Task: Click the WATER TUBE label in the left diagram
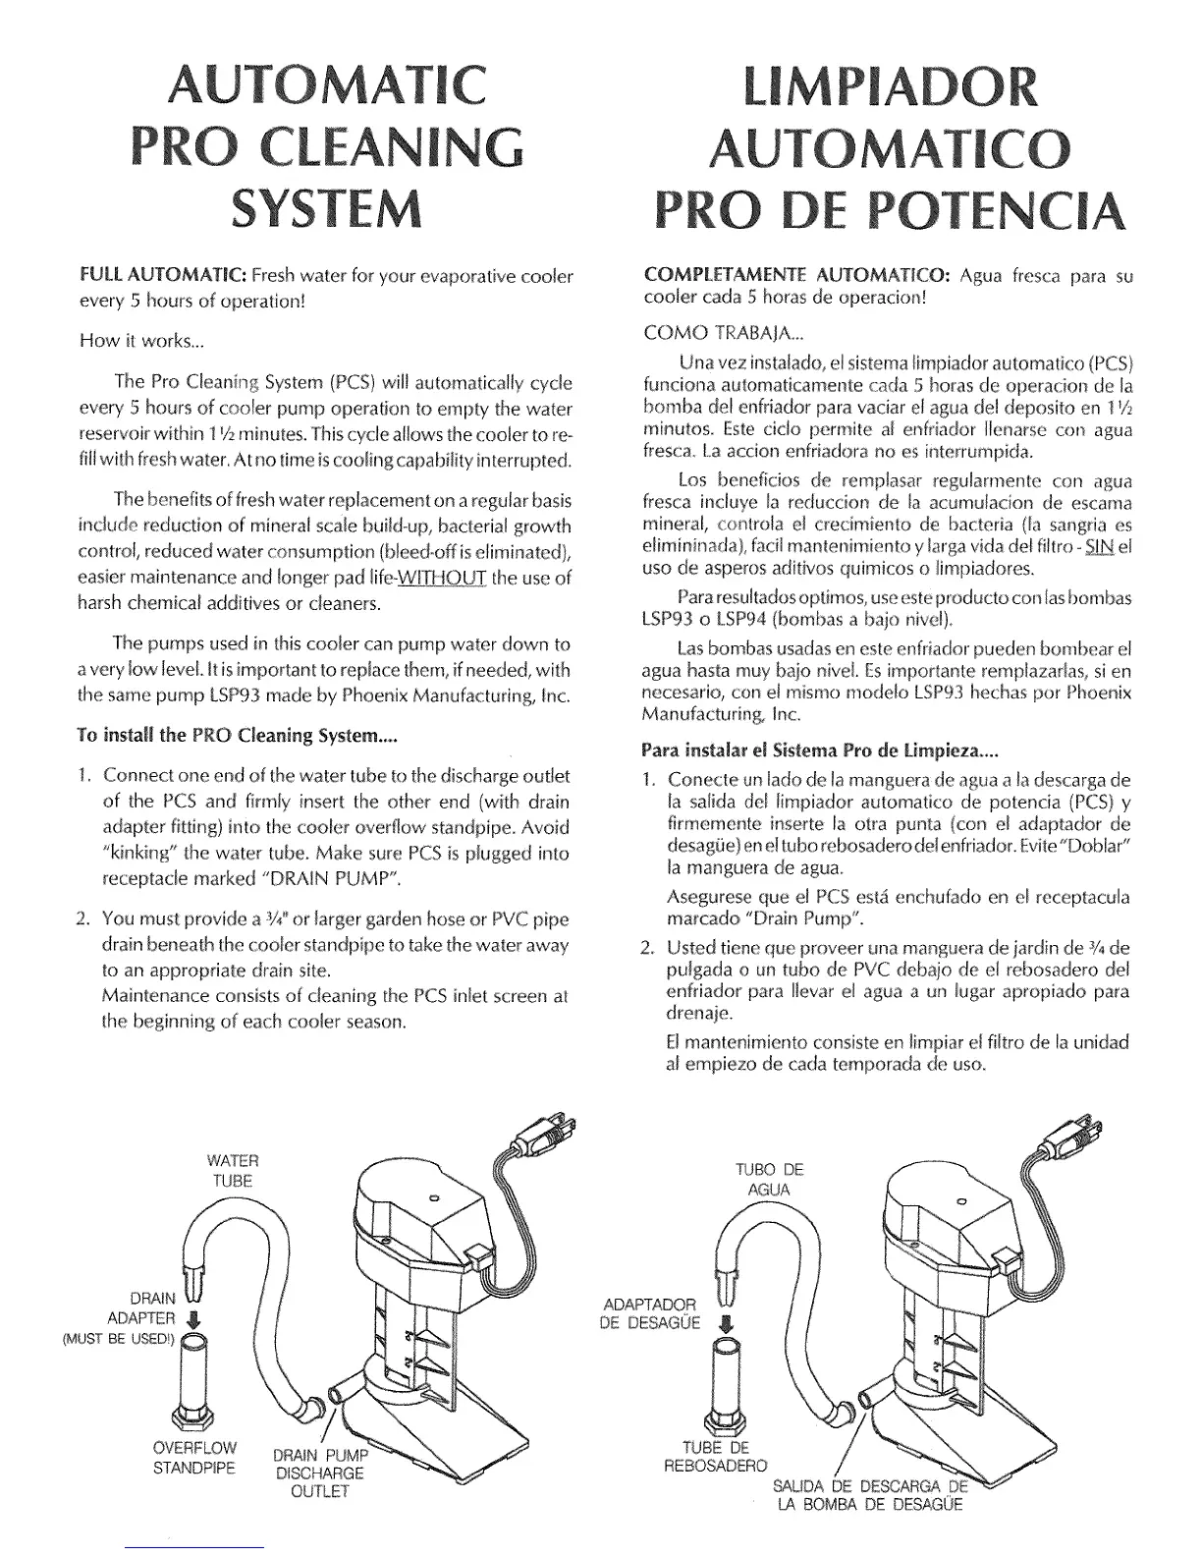click(233, 1171)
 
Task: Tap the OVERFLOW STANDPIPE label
click(194, 1458)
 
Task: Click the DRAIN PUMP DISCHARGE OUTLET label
click(319, 1473)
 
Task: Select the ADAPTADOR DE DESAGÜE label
click(651, 1312)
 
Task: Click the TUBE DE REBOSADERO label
click(715, 1457)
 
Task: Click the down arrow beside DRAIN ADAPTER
click(192, 1319)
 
